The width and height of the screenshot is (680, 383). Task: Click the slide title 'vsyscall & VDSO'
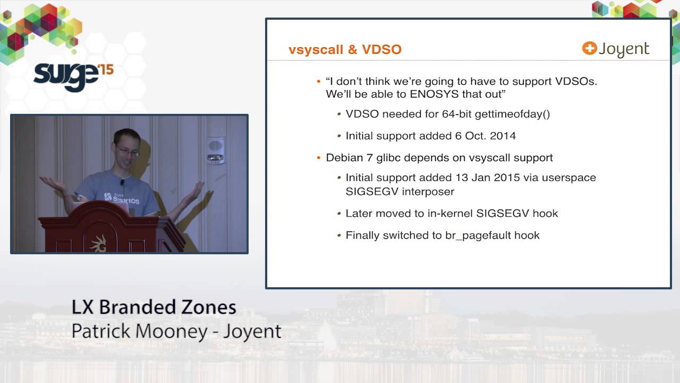tap(345, 49)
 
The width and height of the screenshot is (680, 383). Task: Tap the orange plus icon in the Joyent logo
tap(589, 48)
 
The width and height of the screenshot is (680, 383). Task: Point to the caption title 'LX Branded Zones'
tap(154, 307)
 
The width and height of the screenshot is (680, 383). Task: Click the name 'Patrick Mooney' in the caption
tap(139, 331)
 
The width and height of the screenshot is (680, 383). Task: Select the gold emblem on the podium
tap(98, 243)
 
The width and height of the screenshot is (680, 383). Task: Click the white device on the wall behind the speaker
tap(215, 149)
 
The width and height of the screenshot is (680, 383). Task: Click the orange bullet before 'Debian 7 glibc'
tap(318, 158)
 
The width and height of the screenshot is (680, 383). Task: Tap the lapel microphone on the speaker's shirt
tap(122, 182)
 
